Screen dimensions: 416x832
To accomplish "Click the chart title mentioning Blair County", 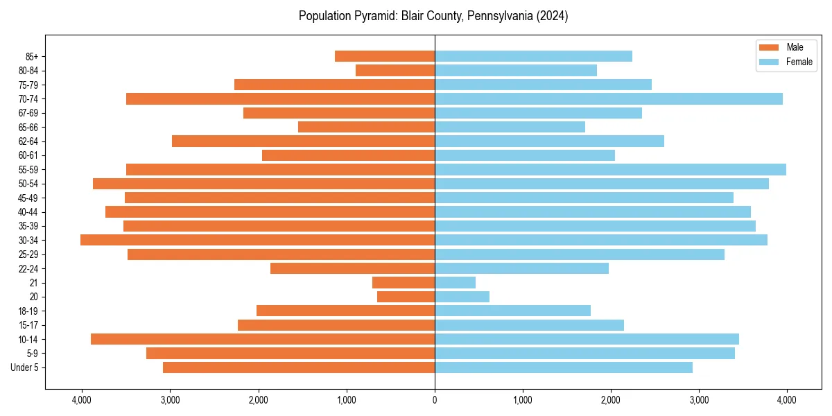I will pos(433,16).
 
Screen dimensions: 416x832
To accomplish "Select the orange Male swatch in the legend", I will pos(769,47).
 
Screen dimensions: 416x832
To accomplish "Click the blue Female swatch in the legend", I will pos(769,62).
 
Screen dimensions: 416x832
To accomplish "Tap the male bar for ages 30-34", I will pos(257,240).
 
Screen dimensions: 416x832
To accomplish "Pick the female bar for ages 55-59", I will pos(610,169).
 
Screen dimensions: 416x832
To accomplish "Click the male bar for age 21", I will pos(404,282).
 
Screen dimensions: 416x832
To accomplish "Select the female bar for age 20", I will pos(462,297).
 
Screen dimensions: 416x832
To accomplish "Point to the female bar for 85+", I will pos(533,56).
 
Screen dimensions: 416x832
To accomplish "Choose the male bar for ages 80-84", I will pos(395,70).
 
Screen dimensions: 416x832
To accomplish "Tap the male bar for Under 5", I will pos(299,367).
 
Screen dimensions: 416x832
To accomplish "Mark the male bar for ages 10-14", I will pos(263,339).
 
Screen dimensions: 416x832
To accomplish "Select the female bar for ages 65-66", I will pos(510,127).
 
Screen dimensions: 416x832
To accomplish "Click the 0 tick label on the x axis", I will pos(435,400).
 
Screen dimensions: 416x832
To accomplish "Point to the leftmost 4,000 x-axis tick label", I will pos(82,400).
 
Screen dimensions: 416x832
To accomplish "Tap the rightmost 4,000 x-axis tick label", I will pos(787,400).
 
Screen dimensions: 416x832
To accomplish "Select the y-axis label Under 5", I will pos(25,367).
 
